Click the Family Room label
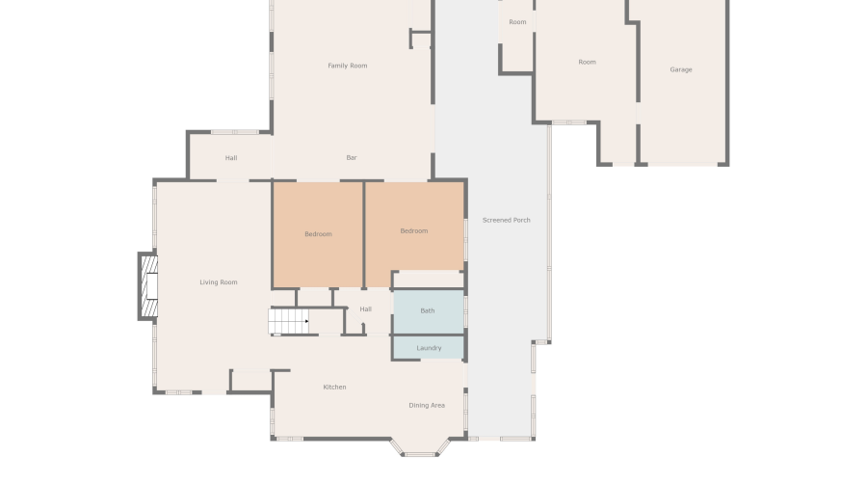click(348, 66)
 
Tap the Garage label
click(681, 69)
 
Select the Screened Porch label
click(507, 220)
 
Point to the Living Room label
click(219, 282)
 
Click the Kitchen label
click(334, 387)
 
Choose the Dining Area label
click(427, 405)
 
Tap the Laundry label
click(429, 348)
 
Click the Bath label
click(428, 310)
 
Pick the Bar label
click(352, 157)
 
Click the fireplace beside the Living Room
click(147, 286)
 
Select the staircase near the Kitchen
click(289, 321)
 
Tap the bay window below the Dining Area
click(420, 447)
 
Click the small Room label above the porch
click(517, 22)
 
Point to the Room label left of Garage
click(587, 62)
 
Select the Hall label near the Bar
click(231, 158)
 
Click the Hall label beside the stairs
click(366, 308)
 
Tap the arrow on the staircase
click(305, 321)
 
